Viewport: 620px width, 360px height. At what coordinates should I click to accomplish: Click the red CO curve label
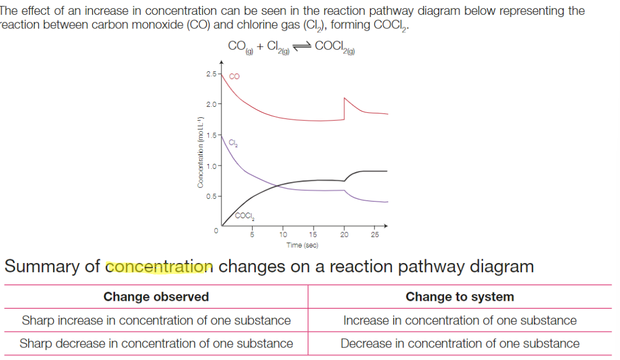(x=234, y=77)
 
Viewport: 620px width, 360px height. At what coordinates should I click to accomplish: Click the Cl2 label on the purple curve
(x=233, y=144)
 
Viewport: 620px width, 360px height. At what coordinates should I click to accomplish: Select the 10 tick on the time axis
(x=283, y=234)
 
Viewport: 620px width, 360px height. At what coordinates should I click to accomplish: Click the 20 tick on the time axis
(x=344, y=234)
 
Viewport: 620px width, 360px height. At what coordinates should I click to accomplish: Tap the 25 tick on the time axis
(x=375, y=234)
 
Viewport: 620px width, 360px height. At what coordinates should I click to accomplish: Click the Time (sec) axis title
(x=302, y=245)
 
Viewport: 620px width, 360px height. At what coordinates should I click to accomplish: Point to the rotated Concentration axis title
(x=201, y=153)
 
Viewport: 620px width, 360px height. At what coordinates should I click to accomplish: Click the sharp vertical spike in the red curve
(x=344, y=108)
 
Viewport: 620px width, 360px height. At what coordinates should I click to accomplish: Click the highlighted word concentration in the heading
(x=159, y=267)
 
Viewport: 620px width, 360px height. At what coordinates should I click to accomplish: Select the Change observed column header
(x=156, y=297)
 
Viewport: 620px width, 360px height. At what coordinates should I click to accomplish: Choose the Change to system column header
(x=459, y=297)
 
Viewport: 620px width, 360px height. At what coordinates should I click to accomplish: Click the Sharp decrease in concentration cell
(x=156, y=344)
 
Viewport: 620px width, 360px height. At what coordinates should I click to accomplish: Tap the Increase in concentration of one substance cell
(x=459, y=321)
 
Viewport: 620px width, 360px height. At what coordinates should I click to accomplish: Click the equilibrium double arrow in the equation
(x=302, y=47)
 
